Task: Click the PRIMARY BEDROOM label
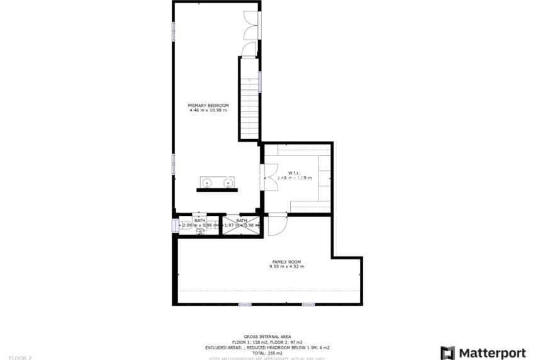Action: (x=208, y=105)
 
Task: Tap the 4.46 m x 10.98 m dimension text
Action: (x=208, y=110)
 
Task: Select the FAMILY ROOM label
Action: (x=286, y=262)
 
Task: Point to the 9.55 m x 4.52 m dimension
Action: (x=286, y=267)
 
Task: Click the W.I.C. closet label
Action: (x=294, y=173)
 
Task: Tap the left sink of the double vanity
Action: (x=206, y=183)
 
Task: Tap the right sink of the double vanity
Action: (x=228, y=183)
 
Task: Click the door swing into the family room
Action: (x=276, y=224)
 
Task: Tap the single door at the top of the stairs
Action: (x=249, y=50)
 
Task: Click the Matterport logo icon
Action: (x=448, y=352)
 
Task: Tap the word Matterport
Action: (x=492, y=352)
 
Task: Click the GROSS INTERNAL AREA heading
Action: (x=267, y=337)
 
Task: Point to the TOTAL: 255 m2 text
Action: (x=267, y=353)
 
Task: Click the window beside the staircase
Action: (x=260, y=82)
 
